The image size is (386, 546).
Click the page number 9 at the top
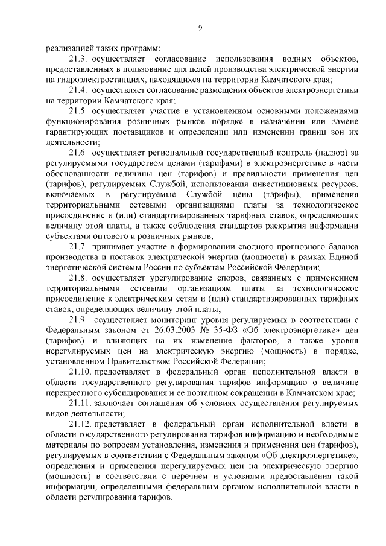200,27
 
